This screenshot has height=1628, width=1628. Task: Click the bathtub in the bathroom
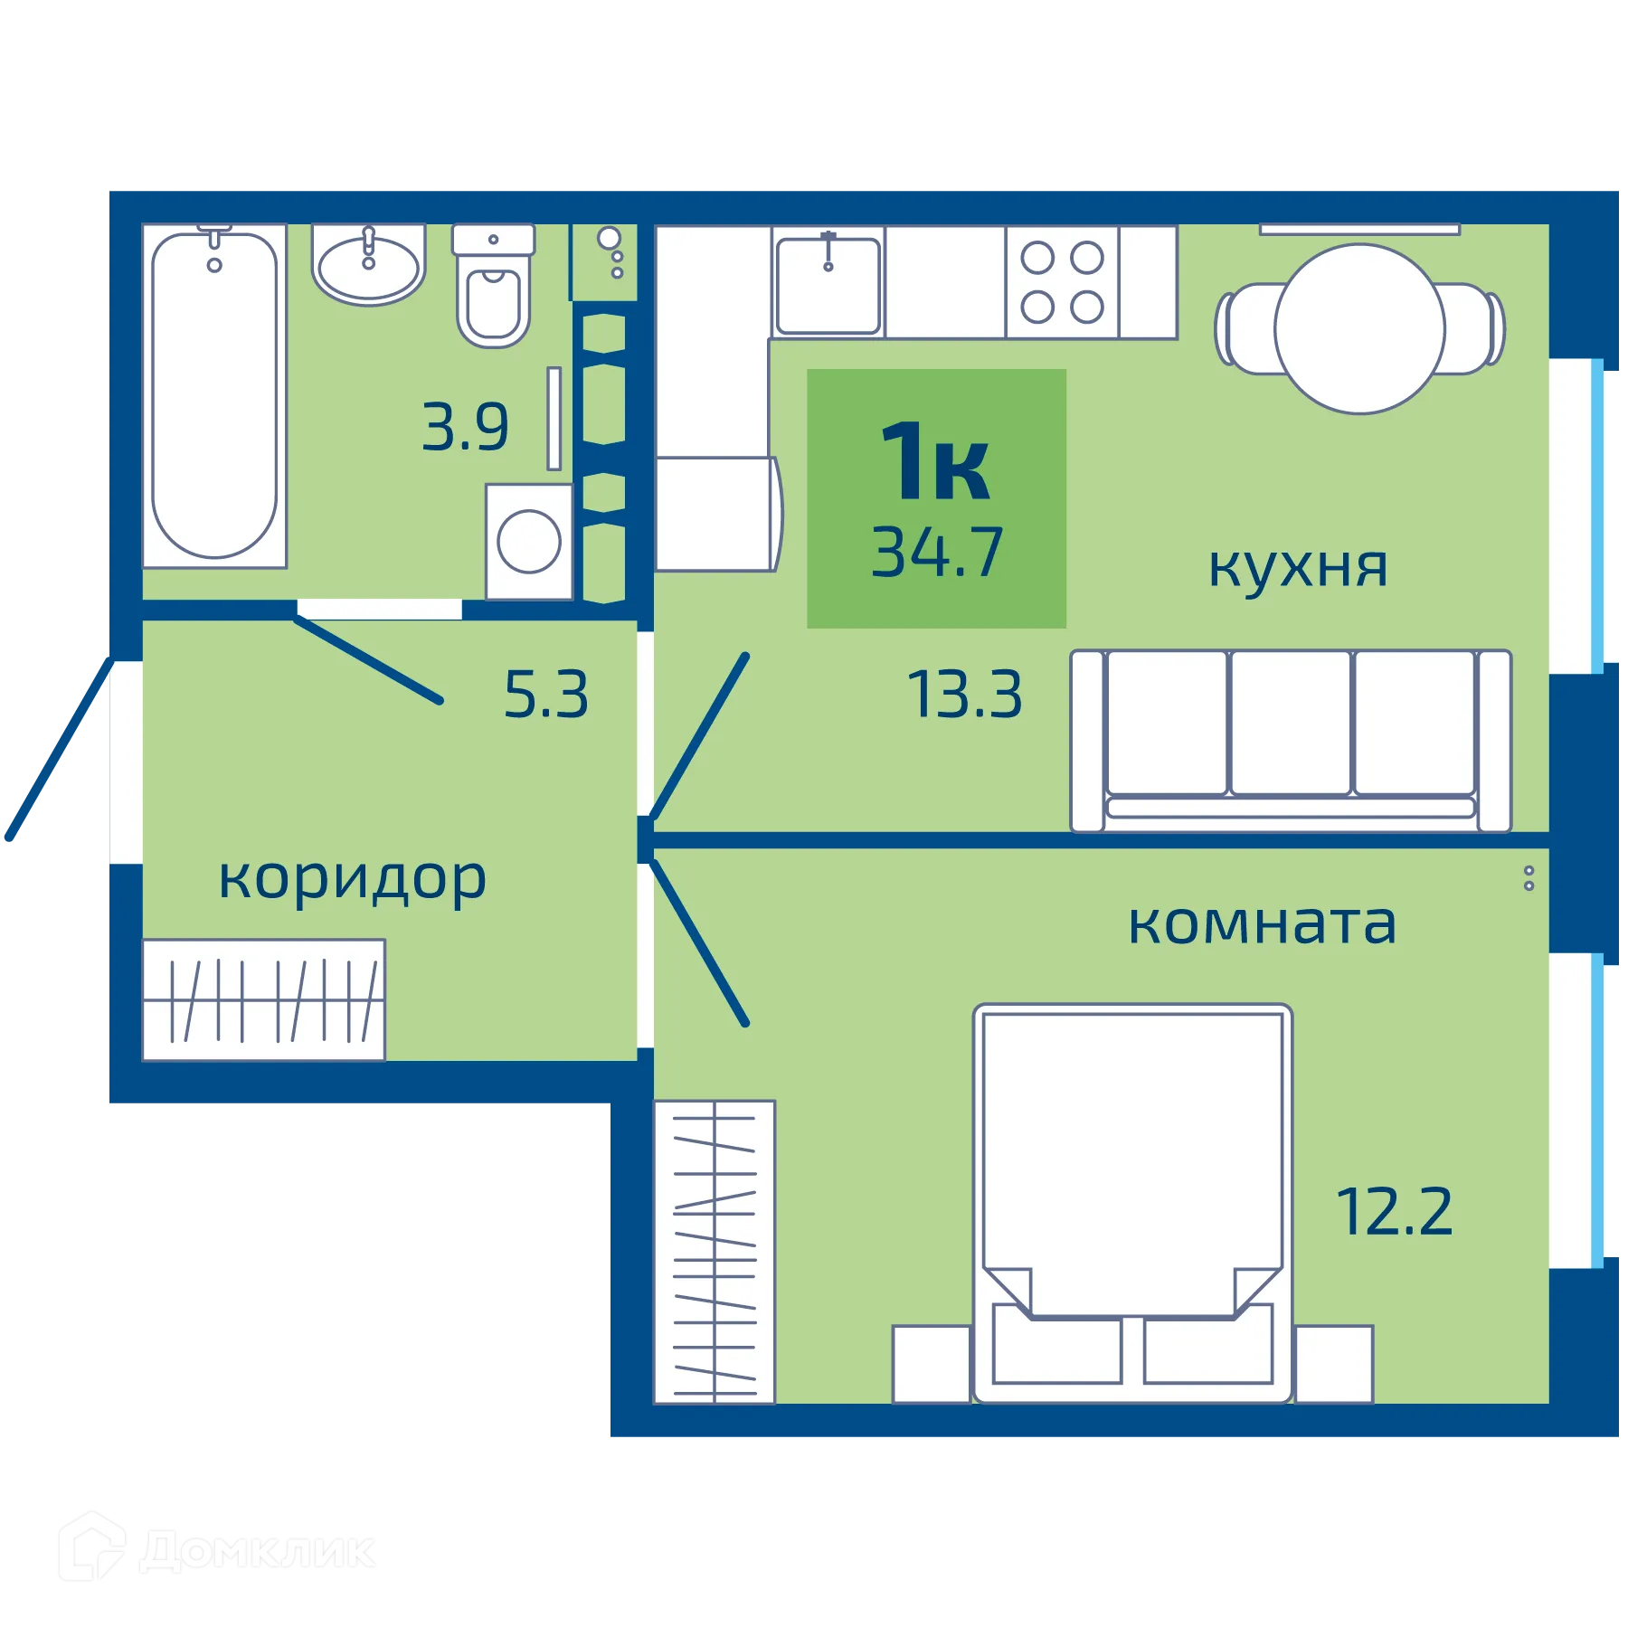[214, 395]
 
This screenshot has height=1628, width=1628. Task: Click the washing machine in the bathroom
[529, 542]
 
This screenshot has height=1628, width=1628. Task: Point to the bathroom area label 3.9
[466, 428]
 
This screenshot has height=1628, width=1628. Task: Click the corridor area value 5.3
[546, 695]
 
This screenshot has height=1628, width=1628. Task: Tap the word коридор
[353, 879]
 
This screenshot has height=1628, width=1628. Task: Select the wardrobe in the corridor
[263, 999]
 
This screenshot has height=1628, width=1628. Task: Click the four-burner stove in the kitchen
[1062, 283]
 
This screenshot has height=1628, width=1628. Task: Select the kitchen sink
[828, 284]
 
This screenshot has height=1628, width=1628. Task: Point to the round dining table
[1359, 329]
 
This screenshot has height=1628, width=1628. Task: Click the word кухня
[1298, 568]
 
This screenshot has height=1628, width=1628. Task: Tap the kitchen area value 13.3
[965, 695]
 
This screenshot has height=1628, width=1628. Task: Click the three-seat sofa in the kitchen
[1291, 740]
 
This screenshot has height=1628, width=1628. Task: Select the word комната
[1263, 924]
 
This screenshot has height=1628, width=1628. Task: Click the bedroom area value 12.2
[1394, 1212]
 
